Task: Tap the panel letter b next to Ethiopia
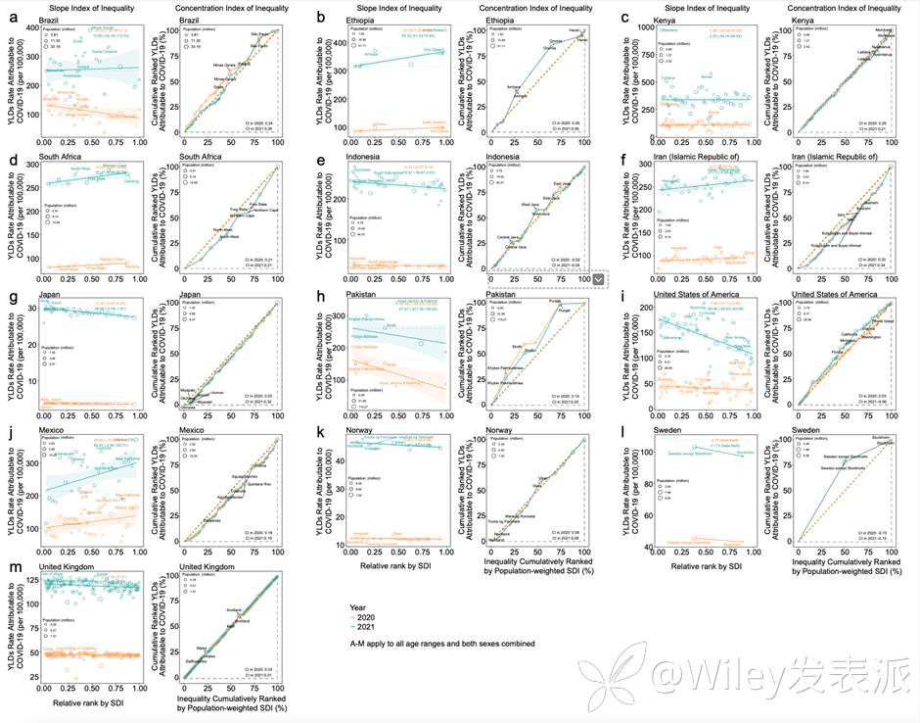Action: [321, 18]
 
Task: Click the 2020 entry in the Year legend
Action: [369, 618]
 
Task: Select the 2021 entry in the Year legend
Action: [369, 629]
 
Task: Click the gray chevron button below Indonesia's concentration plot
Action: [598, 280]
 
